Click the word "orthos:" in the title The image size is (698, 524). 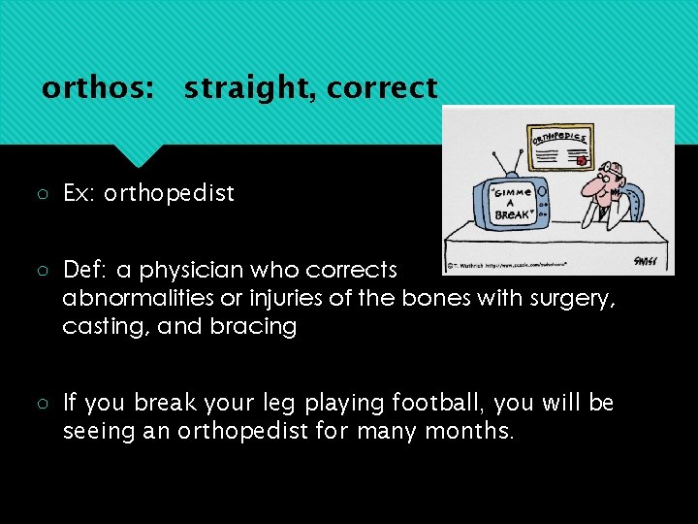pyautogui.click(x=97, y=88)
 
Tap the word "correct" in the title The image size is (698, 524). pyautogui.click(x=382, y=88)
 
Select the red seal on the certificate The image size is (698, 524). pyautogui.click(x=581, y=160)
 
